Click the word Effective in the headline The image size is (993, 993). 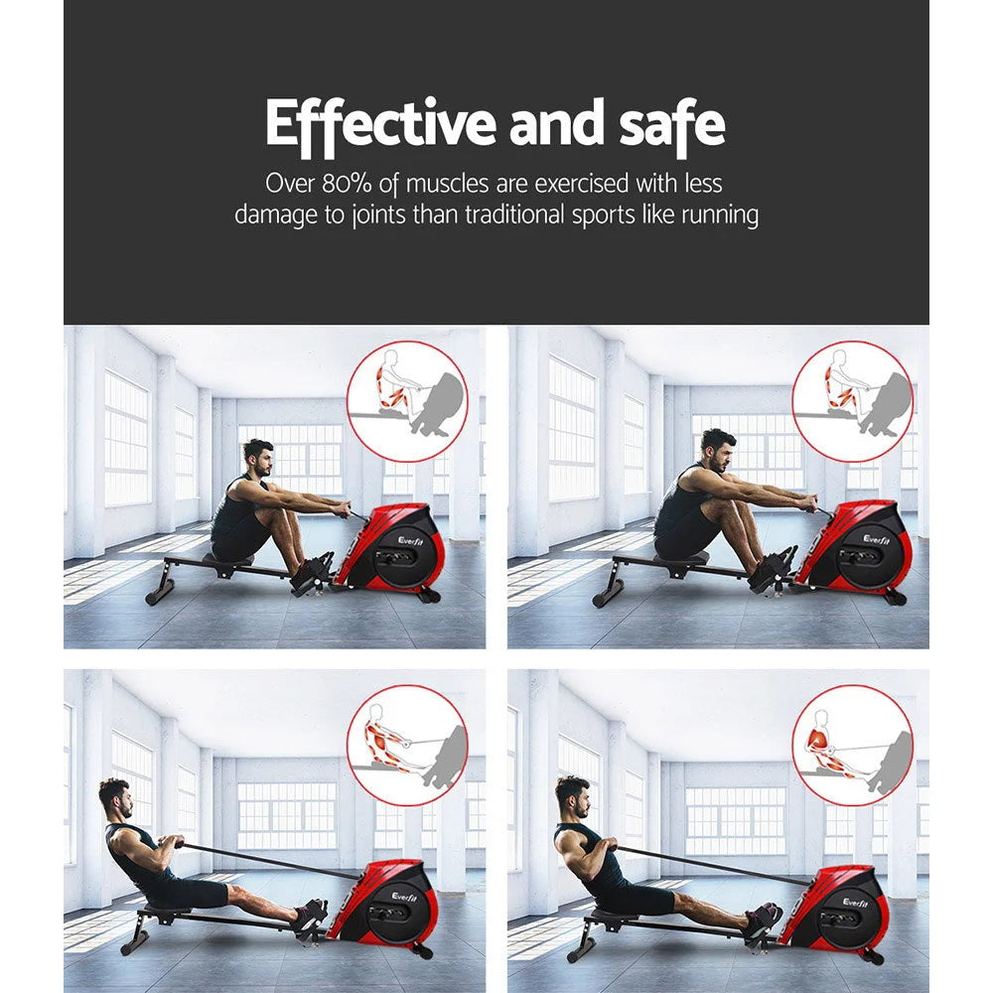[x=380, y=125]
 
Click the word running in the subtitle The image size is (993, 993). [x=719, y=215]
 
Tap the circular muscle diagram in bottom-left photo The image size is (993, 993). [x=405, y=746]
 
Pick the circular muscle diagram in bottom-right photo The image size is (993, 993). [x=851, y=746]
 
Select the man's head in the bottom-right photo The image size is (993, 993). [x=572, y=794]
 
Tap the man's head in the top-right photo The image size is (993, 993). [x=718, y=450]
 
